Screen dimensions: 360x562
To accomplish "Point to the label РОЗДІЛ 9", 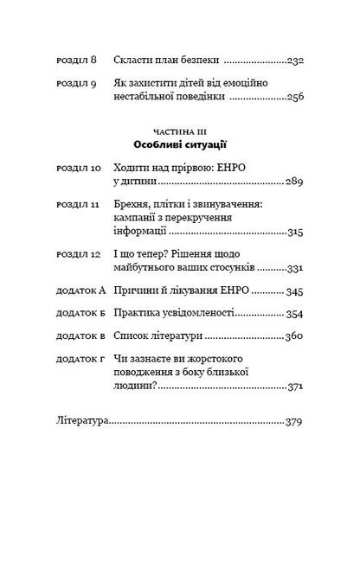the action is (x=77, y=84).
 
